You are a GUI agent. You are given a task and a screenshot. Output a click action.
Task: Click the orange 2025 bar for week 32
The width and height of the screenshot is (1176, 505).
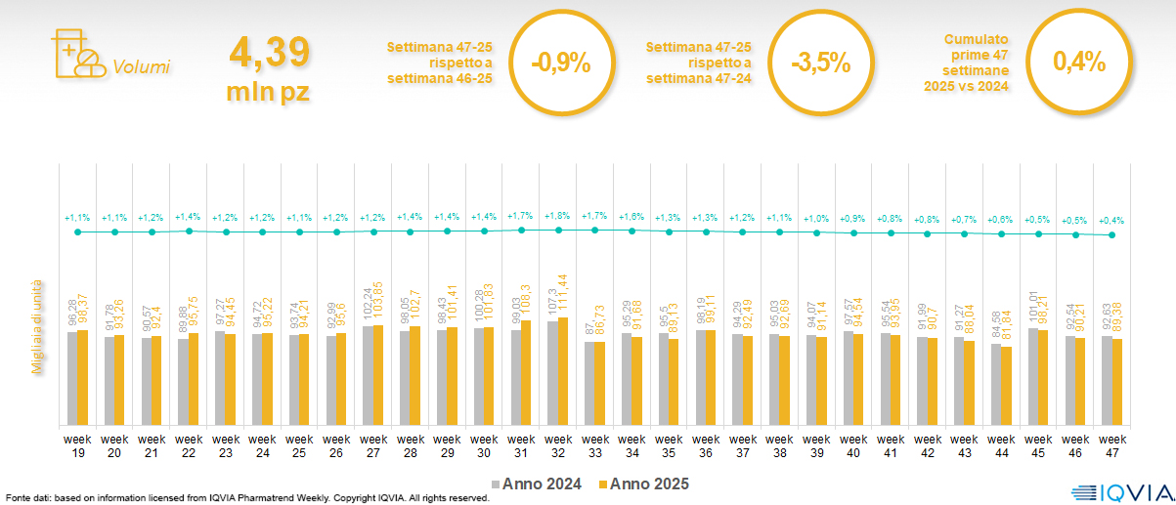(562, 371)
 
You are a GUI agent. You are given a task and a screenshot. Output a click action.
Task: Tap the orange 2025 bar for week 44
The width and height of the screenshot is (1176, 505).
(1006, 386)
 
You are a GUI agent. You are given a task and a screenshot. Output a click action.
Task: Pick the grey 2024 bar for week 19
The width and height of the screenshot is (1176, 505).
(72, 378)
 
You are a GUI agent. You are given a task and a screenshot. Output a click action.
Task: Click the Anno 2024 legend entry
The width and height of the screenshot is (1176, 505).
(538, 484)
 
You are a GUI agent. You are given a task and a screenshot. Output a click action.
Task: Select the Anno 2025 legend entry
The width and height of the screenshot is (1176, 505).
(643, 484)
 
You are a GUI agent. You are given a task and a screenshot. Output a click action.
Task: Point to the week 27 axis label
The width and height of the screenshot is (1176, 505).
(373, 445)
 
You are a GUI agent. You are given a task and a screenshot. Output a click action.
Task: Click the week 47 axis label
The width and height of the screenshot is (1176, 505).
(1111, 445)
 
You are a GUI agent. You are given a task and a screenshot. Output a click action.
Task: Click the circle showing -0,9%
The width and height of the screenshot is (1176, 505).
(560, 63)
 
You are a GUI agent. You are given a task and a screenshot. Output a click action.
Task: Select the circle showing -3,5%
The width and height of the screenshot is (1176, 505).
(818, 63)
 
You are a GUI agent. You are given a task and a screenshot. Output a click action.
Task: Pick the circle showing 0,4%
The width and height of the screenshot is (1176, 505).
(1078, 63)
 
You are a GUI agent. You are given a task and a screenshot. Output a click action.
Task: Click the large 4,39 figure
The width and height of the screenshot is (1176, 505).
(269, 51)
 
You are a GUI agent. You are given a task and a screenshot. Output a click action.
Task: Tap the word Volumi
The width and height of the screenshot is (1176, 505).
(141, 67)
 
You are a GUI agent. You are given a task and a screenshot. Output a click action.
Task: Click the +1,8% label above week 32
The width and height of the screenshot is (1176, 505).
(558, 216)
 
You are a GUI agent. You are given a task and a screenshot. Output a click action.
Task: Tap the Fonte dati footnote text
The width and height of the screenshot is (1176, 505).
(244, 498)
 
